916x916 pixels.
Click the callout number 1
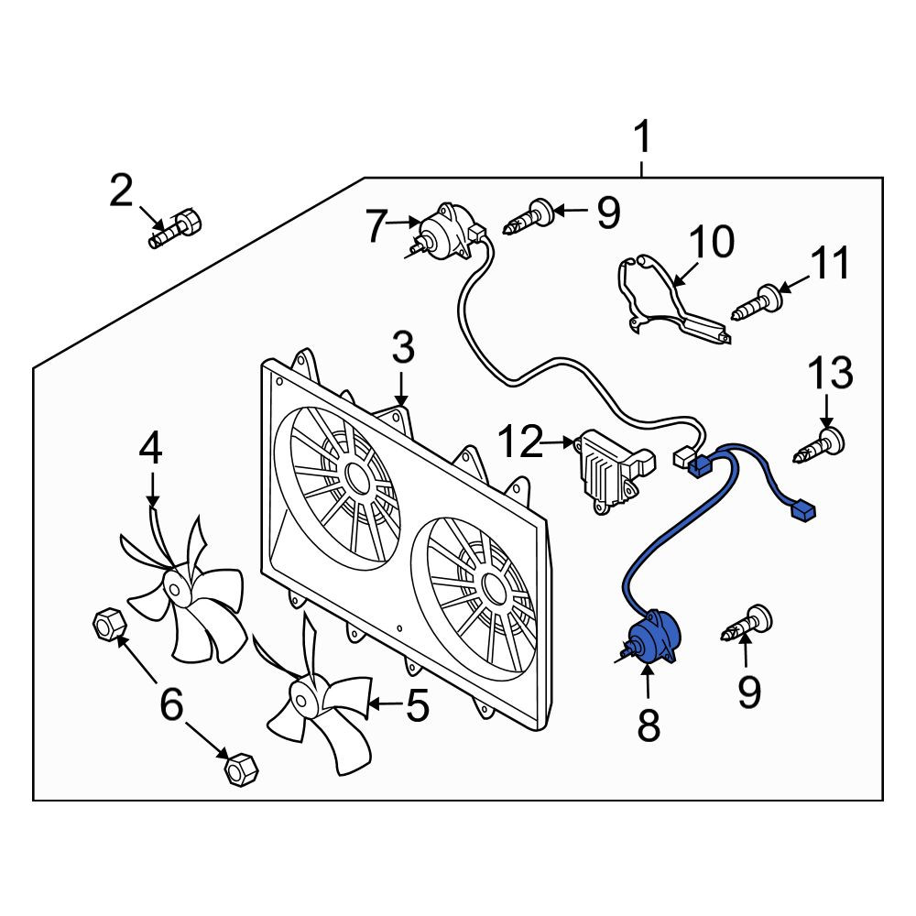pos(642,136)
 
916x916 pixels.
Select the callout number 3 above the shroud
pos(402,347)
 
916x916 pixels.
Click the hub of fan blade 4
pos(175,588)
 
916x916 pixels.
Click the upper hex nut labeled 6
pos(109,625)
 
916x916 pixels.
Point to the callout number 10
pos(712,241)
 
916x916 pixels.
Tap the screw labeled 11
pos(756,302)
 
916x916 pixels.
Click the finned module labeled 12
pos(613,473)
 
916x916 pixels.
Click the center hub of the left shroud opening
pos(355,477)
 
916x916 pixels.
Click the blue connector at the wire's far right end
pos(802,512)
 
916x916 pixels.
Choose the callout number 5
pos(417,705)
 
